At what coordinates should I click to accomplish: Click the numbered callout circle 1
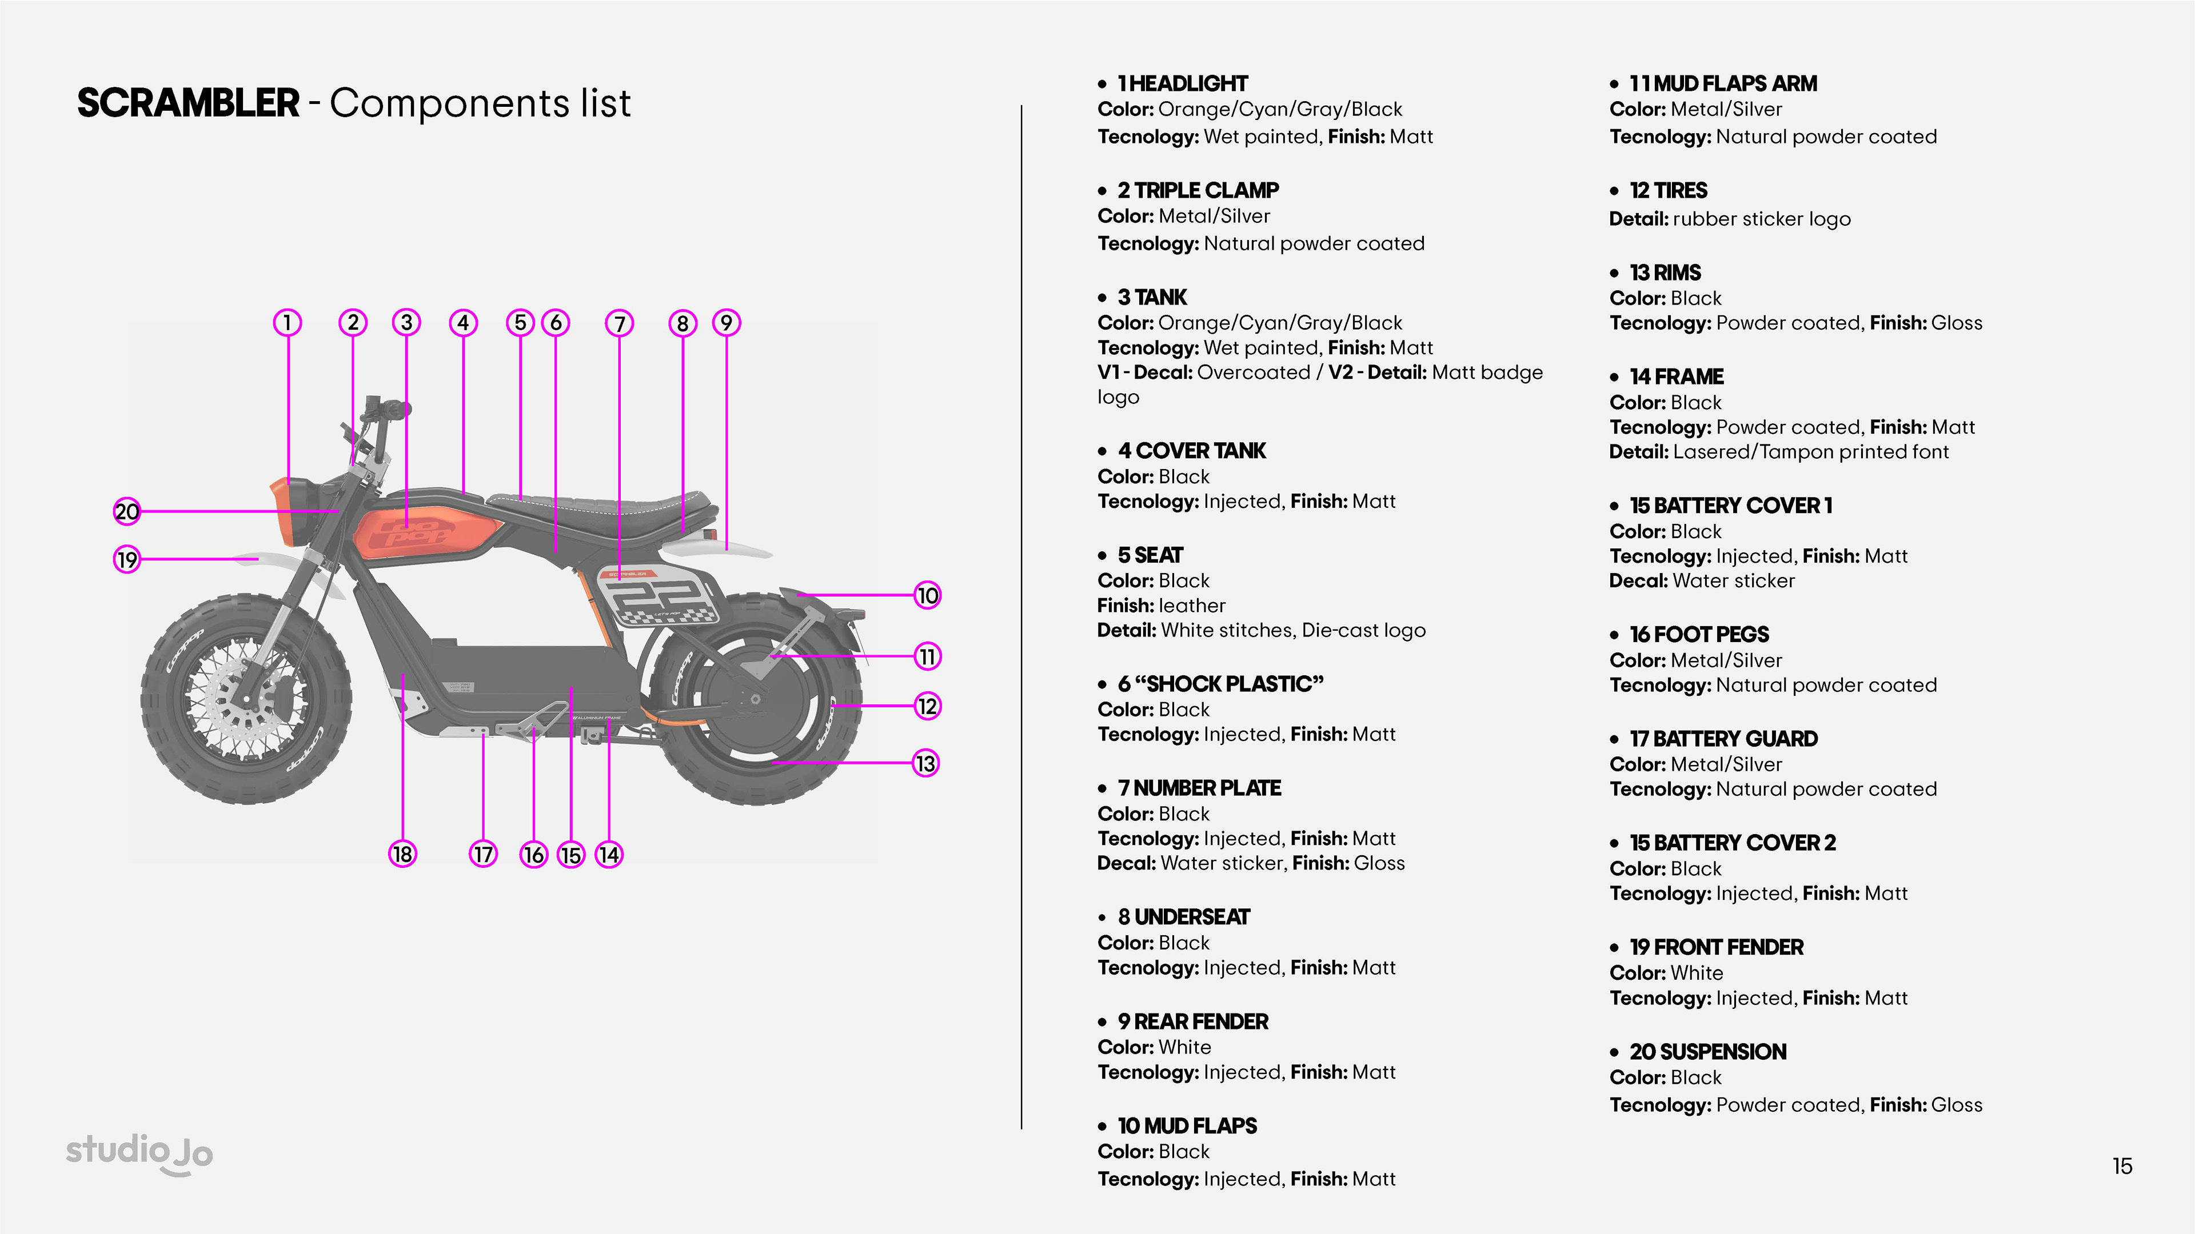[x=287, y=323]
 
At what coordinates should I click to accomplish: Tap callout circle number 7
[x=620, y=323]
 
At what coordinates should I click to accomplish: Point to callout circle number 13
[x=925, y=763]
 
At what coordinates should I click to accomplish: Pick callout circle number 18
[x=402, y=854]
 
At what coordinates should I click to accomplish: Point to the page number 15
[x=2122, y=1166]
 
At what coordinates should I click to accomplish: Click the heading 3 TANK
[x=1152, y=297]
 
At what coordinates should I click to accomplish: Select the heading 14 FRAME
[x=1676, y=376]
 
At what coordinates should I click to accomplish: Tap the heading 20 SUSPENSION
[x=1707, y=1052]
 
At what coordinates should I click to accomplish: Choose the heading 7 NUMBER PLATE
[x=1199, y=788]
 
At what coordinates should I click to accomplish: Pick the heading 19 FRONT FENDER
[x=1716, y=947]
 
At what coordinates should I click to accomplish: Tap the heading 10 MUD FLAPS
[x=1187, y=1126]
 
